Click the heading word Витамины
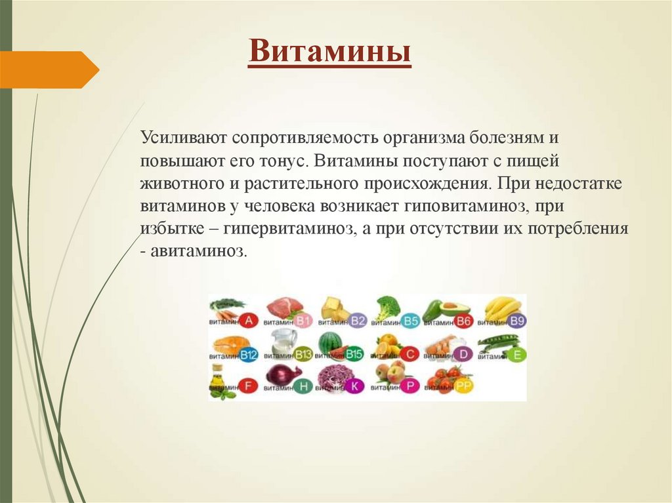(330, 52)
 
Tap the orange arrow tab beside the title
(50, 69)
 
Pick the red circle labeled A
(248, 321)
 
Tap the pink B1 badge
(303, 321)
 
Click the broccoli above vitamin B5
(387, 306)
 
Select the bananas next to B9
(502, 307)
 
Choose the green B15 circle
(355, 354)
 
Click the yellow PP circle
(463, 386)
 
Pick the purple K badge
(355, 386)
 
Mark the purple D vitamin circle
(463, 354)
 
